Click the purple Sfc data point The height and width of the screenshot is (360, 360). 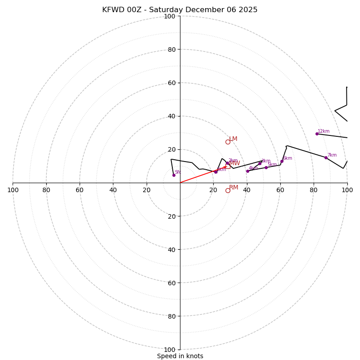coord(174,175)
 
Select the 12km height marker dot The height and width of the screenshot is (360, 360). coord(317,134)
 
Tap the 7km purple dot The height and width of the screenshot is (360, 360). coord(326,157)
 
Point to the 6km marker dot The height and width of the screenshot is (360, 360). coord(282,161)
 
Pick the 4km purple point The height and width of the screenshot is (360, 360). coord(247,171)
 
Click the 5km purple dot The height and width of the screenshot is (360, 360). coord(266,167)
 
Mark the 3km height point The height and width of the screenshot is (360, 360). coord(260,163)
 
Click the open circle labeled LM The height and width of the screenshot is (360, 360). coord(228,142)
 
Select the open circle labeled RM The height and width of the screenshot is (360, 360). coord(228,190)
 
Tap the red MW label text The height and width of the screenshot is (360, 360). coord(234,163)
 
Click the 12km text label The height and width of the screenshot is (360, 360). coord(324,131)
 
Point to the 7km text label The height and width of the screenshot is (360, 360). coord(332,155)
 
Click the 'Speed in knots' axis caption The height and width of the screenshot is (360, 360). coord(180,356)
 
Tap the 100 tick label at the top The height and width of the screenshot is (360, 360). coord(170,16)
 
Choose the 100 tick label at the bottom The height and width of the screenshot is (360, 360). coord(170,350)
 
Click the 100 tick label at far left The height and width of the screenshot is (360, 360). coord(13,190)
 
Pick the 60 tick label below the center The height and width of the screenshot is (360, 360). coord(171,283)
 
